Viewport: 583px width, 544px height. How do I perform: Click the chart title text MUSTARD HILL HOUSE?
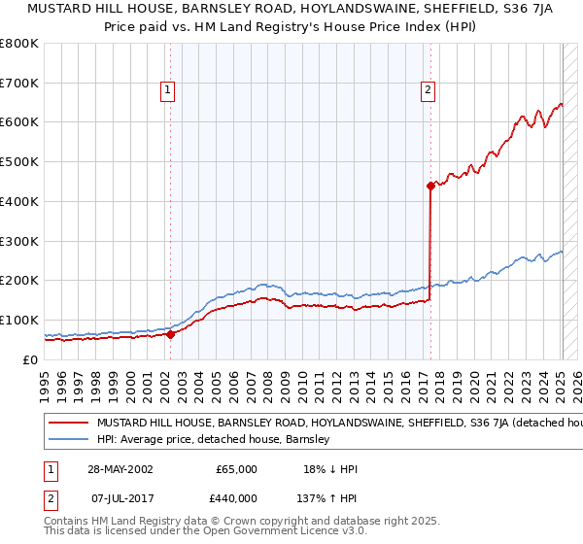291,9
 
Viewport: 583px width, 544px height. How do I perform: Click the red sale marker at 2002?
171,334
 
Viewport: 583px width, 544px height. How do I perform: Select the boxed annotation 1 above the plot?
168,90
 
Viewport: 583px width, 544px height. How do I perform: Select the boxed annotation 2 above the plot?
428,90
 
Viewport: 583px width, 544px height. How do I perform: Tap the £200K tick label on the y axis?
19,281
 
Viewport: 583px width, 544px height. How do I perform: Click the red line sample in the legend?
68,424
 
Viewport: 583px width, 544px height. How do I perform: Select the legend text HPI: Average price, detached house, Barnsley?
214,439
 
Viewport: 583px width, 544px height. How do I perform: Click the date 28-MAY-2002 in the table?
120,469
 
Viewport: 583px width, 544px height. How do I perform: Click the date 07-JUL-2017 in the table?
120,497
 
